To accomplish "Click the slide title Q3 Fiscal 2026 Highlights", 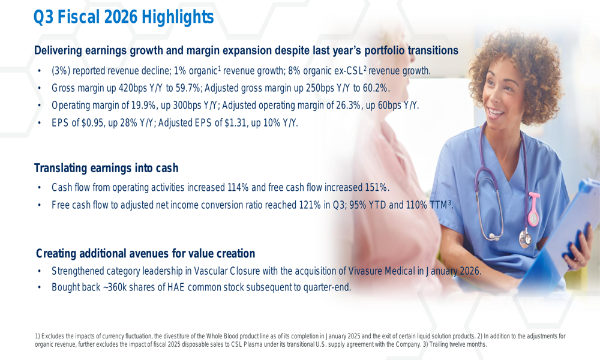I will [124, 18].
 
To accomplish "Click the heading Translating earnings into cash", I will [106, 169].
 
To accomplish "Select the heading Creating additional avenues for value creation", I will [146, 253].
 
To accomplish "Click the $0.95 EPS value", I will [94, 123].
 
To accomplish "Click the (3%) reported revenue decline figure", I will [62, 71].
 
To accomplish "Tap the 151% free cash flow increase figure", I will [376, 188].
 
